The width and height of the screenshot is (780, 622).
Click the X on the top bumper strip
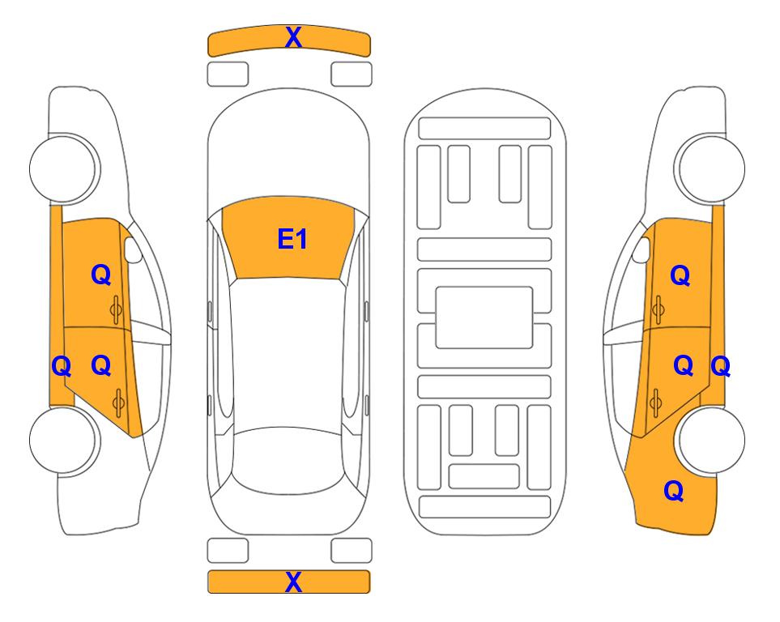pyautogui.click(x=293, y=37)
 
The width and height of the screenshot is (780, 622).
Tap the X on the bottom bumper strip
pyautogui.click(x=293, y=582)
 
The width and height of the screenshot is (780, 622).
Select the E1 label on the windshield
pyautogui.click(x=292, y=239)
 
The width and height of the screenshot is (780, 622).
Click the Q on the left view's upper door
pyautogui.click(x=101, y=275)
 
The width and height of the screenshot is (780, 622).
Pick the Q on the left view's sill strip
pyautogui.click(x=62, y=367)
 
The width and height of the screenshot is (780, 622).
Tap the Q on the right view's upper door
pyautogui.click(x=680, y=275)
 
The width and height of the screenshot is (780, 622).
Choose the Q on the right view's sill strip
pyautogui.click(x=720, y=367)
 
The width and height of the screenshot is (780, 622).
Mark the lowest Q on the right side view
pyautogui.click(x=674, y=491)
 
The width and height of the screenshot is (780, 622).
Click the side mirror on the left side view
pyautogui.click(x=132, y=249)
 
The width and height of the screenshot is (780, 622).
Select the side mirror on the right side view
pyautogui.click(x=641, y=249)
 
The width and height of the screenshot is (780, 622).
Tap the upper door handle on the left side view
pyautogui.click(x=117, y=309)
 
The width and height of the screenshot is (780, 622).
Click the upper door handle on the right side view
pyautogui.click(x=658, y=309)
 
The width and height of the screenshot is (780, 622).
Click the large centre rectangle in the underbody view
pyautogui.click(x=484, y=317)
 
